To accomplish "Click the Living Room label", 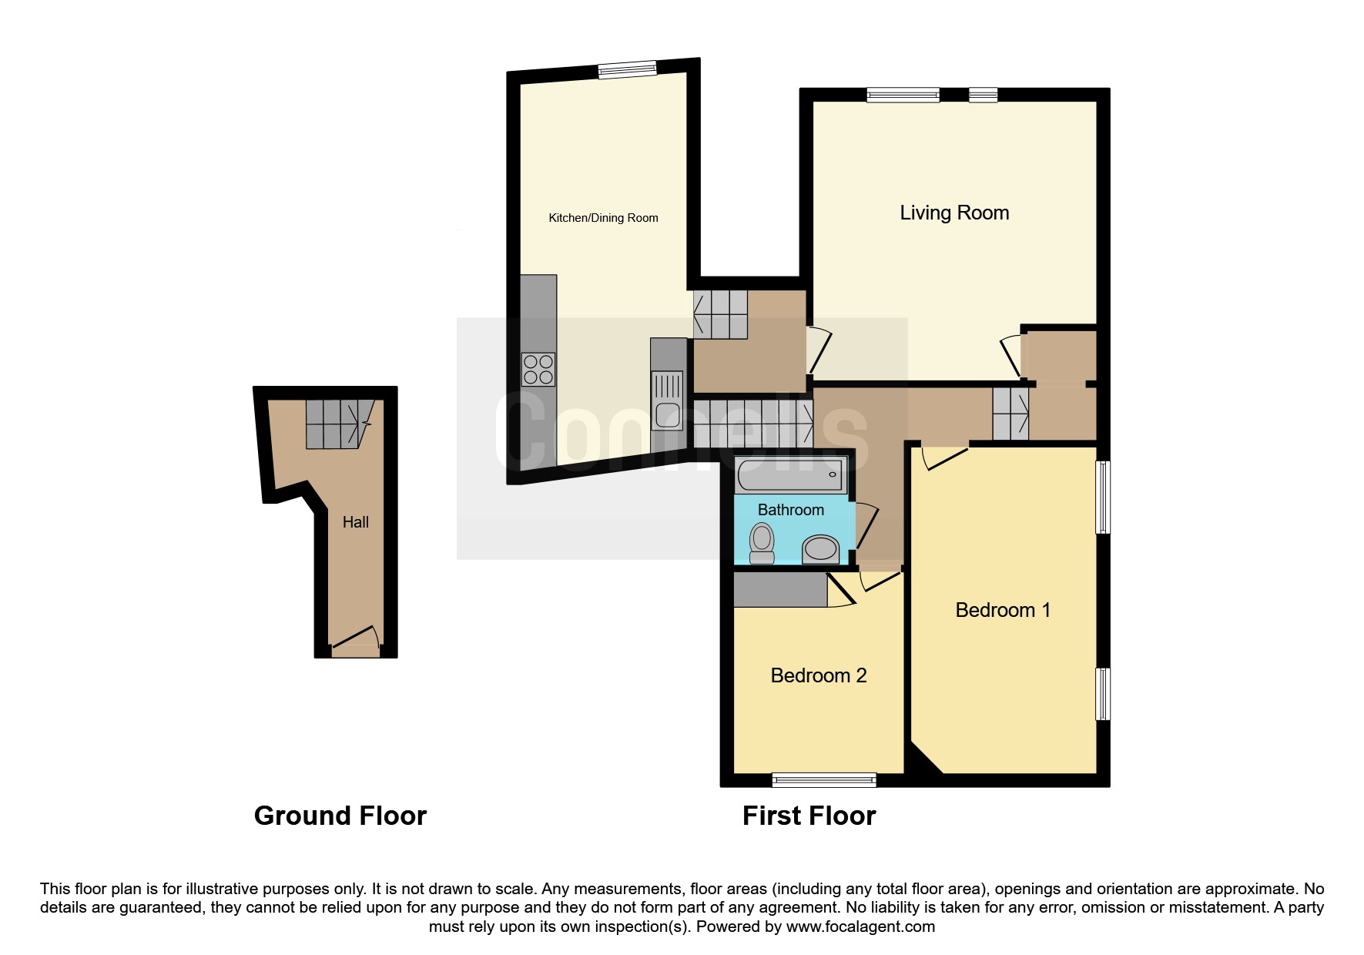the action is (954, 213).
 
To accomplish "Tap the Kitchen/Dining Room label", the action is (603, 218).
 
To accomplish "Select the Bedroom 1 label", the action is (1003, 610).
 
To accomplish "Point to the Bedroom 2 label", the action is (819, 675).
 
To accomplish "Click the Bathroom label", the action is (791, 510).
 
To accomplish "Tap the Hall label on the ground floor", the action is (356, 522).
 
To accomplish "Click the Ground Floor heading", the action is (340, 816).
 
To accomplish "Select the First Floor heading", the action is (809, 816).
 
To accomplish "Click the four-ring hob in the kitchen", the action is (538, 369).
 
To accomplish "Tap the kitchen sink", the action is (668, 400).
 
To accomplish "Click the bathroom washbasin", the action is (821, 549).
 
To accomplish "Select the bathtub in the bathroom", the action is (792, 475).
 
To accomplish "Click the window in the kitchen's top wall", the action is (628, 69).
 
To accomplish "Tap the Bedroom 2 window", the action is (824, 780).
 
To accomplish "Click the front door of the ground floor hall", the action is (355, 642).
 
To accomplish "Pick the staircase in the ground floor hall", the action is (334, 424).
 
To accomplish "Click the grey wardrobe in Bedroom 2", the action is (780, 589).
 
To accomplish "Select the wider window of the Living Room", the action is (903, 95).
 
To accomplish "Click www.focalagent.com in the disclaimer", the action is (860, 927).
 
